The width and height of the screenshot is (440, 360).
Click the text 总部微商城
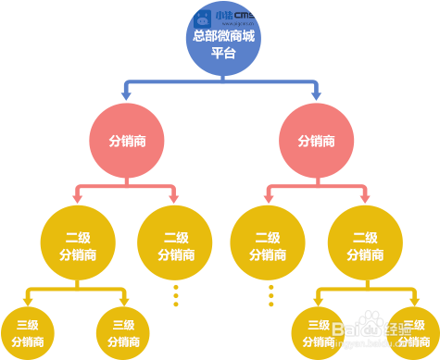[x=222, y=36]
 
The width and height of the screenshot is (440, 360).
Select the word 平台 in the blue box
[x=222, y=53]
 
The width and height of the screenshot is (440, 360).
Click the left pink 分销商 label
[x=127, y=142]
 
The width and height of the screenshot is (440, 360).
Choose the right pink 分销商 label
[x=316, y=142]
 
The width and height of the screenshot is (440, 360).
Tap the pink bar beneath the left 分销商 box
[x=125, y=190]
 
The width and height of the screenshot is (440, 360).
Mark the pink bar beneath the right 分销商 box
[x=316, y=190]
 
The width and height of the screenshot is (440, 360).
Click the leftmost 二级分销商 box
[x=77, y=245]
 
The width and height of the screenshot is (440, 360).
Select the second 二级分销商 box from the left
[x=175, y=245]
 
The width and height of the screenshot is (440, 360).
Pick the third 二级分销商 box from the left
[x=267, y=245]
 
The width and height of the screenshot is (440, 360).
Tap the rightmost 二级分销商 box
[x=365, y=245]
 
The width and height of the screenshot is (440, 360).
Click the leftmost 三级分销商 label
[x=28, y=333]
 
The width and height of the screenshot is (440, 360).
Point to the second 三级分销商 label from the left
[x=123, y=333]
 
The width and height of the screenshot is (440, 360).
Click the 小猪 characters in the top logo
[x=223, y=14]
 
